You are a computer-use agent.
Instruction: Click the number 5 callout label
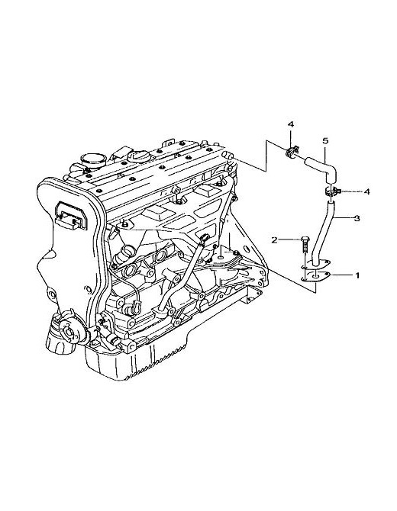click(325, 141)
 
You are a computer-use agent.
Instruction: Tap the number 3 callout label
click(357, 218)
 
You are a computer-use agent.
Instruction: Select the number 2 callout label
click(274, 240)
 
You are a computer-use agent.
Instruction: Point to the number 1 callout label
click(357, 275)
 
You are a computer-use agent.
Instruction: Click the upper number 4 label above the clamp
click(291, 124)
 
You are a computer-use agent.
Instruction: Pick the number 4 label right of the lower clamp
click(366, 191)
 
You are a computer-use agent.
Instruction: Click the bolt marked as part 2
click(305, 246)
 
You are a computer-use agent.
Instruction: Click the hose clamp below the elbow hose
click(332, 191)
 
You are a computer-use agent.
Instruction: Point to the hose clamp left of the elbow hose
click(292, 152)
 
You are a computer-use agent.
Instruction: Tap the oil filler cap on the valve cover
click(139, 156)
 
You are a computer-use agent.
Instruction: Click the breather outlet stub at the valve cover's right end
click(228, 155)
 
